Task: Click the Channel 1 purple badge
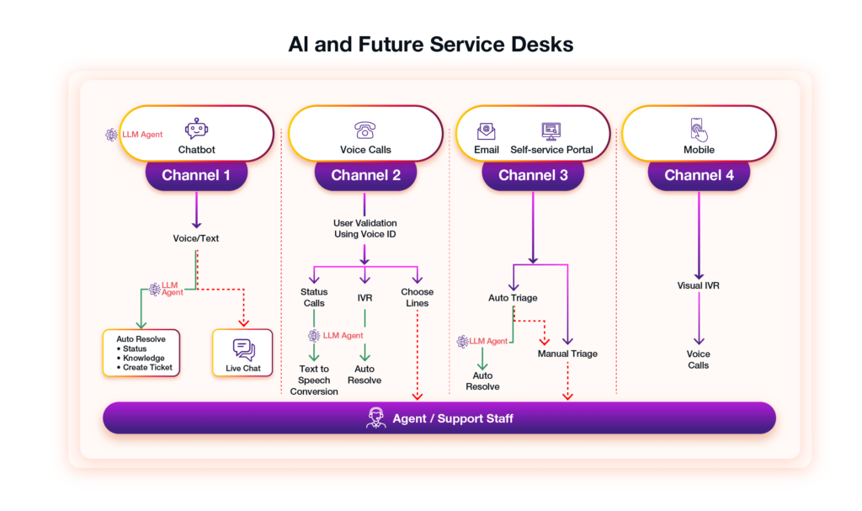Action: [x=196, y=175]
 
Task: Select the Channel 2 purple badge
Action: [x=365, y=175]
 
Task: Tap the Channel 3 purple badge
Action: [x=533, y=175]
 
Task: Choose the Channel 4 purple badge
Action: [x=699, y=175]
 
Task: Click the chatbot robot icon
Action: [x=196, y=129]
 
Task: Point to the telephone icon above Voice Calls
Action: [x=364, y=130]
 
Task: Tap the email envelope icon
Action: [x=487, y=130]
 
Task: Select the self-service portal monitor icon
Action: [x=551, y=130]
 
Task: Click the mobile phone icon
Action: [x=699, y=130]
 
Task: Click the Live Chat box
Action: [x=242, y=353]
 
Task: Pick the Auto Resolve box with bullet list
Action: [x=141, y=352]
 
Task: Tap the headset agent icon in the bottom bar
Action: [x=376, y=418]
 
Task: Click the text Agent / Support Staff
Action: [x=452, y=418]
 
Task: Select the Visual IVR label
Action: [x=698, y=285]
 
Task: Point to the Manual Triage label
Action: [x=567, y=354]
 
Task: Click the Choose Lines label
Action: [x=417, y=297]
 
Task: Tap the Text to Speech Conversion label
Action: [x=314, y=381]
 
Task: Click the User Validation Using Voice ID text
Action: [x=364, y=228]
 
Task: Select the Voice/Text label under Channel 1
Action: [x=195, y=238]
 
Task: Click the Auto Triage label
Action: [x=513, y=298]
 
